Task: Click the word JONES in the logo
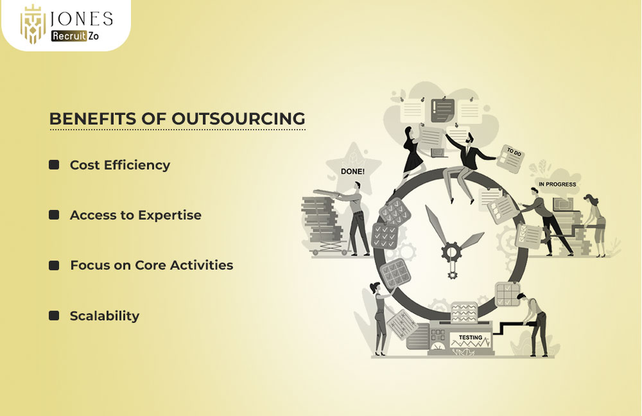click(81, 19)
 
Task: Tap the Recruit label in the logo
click(69, 36)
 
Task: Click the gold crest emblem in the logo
click(33, 24)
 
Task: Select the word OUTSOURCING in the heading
click(238, 119)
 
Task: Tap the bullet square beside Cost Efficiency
click(54, 164)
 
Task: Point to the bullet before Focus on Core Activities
click(54, 265)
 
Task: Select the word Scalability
click(105, 316)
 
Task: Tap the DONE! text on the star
click(352, 171)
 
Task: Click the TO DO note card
click(510, 159)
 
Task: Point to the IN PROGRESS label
click(557, 184)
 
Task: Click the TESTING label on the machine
click(471, 338)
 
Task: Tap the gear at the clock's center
click(451, 252)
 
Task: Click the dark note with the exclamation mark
click(442, 110)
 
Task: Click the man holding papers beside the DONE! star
click(356, 219)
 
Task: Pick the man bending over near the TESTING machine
click(534, 324)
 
